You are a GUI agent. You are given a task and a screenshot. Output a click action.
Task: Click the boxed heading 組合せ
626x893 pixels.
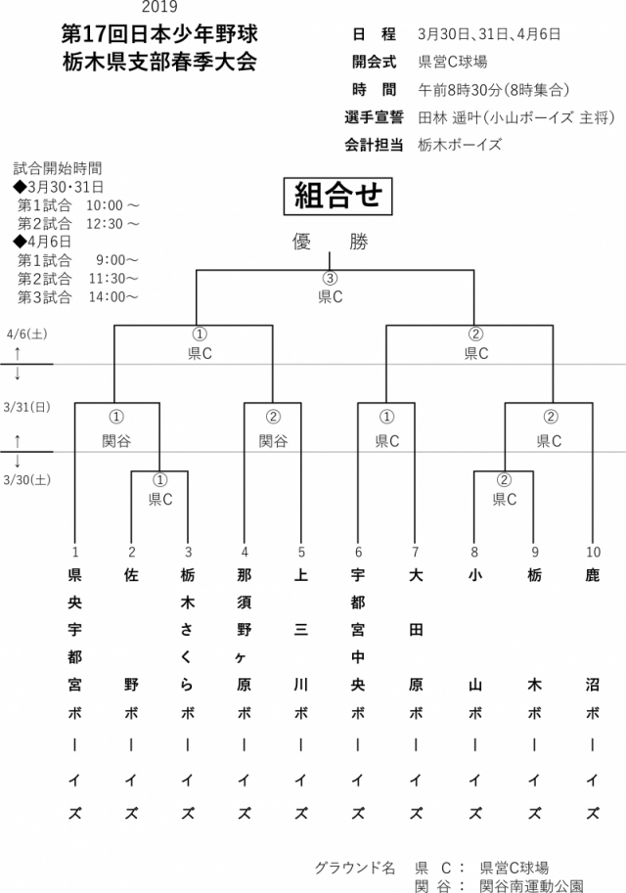(x=337, y=196)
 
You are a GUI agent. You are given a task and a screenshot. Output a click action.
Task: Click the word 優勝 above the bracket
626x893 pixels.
(x=330, y=243)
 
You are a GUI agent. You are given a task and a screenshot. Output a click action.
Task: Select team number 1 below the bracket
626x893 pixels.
(x=74, y=551)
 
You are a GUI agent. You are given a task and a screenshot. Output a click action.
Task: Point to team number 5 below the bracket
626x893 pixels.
(x=301, y=551)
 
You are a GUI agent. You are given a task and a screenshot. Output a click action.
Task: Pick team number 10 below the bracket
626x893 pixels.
(x=592, y=551)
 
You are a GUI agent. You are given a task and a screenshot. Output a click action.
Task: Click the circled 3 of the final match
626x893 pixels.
(x=330, y=279)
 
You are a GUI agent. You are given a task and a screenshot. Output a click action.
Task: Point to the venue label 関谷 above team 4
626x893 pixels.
(x=273, y=441)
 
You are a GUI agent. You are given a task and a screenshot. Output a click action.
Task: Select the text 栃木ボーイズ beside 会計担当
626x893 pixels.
(x=460, y=145)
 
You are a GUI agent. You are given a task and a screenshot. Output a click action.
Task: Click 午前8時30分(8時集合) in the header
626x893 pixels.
(x=494, y=90)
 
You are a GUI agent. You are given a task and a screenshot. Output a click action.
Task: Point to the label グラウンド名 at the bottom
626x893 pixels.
(x=355, y=868)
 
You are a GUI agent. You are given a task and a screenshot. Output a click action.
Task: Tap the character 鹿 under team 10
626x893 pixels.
(x=592, y=575)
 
